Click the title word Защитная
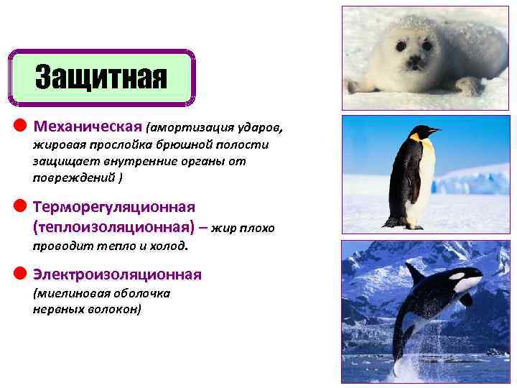101,76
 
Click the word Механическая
88,127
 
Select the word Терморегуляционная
114,207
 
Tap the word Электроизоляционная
117,274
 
